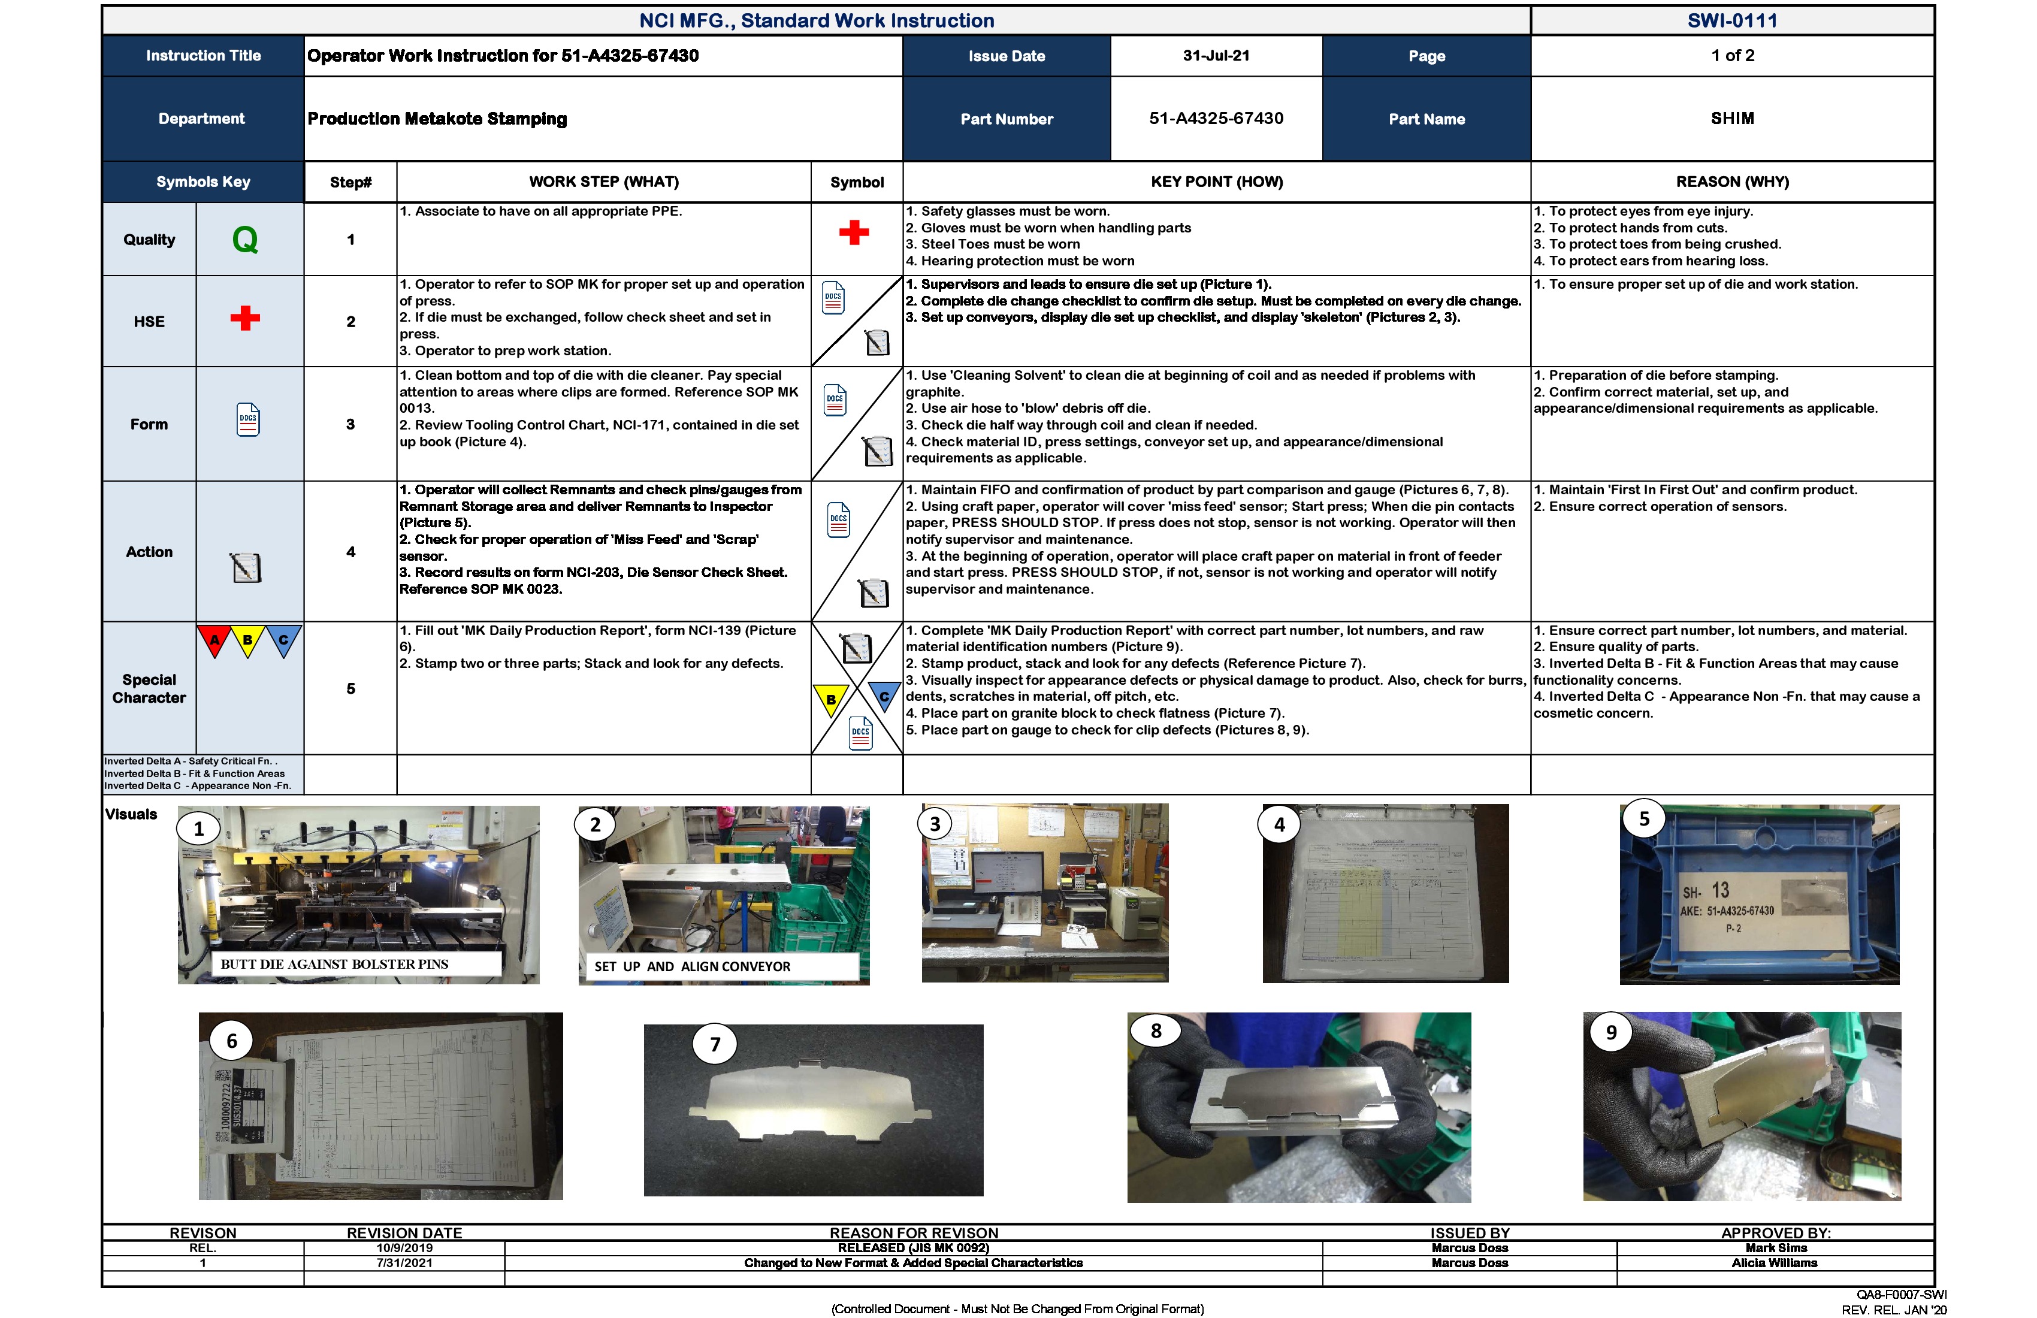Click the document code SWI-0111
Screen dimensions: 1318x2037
pyautogui.click(x=1731, y=20)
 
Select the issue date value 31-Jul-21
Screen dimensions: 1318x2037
pyautogui.click(x=1216, y=56)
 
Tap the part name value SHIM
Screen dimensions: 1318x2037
pyautogui.click(x=1731, y=118)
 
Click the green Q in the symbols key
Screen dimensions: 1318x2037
pyautogui.click(x=245, y=240)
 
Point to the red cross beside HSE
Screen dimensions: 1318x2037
pyautogui.click(x=245, y=318)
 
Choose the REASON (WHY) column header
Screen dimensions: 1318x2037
pyautogui.click(x=1731, y=182)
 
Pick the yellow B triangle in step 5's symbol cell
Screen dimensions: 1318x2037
pyautogui.click(x=830, y=699)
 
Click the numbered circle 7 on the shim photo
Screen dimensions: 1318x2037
pyautogui.click(x=715, y=1044)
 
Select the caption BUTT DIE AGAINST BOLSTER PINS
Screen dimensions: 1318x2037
pyautogui.click(x=335, y=964)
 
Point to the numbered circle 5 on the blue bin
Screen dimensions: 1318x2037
pyautogui.click(x=1643, y=819)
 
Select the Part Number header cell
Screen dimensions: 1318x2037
pyautogui.click(x=1007, y=119)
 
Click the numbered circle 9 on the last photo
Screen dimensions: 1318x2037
pyautogui.click(x=1611, y=1032)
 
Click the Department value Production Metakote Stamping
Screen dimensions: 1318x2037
pyautogui.click(x=437, y=119)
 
